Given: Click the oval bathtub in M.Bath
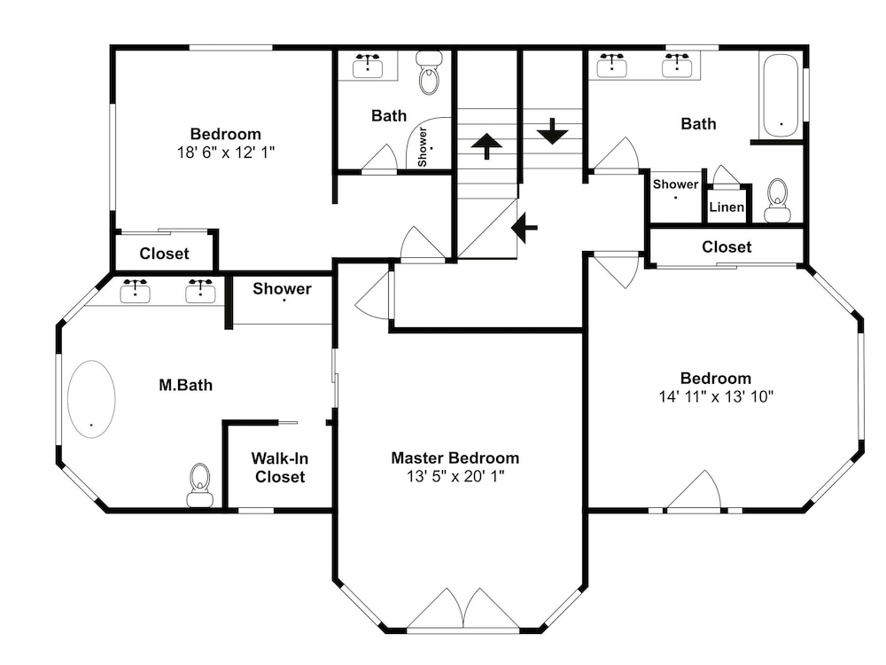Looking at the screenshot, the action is tap(91, 399).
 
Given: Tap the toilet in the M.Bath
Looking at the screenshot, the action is tap(200, 485).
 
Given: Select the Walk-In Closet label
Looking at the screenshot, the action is tap(280, 467).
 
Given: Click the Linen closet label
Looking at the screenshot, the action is tap(727, 207).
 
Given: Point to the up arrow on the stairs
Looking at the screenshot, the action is tap(486, 146).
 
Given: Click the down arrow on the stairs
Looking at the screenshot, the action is tap(552, 131).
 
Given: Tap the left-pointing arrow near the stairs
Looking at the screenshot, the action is tap(525, 228).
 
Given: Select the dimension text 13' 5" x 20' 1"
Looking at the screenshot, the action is tap(455, 477).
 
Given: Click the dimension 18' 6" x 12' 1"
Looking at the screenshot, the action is tap(225, 153).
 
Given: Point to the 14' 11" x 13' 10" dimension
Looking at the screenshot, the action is tap(716, 396).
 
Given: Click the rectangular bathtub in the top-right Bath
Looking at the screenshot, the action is tap(781, 96).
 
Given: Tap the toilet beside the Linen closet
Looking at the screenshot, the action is tap(778, 200).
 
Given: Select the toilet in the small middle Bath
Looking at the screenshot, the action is tap(430, 73).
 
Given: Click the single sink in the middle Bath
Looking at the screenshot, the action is tap(368, 66).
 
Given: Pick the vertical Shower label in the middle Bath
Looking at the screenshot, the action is tap(422, 147).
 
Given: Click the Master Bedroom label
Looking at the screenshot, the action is tap(455, 458).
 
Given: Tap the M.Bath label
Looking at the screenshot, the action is tap(186, 385).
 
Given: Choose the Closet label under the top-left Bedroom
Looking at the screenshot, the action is tap(164, 254).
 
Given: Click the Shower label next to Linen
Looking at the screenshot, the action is tap(676, 184).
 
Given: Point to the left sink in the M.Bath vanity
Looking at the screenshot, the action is tap(135, 291).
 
